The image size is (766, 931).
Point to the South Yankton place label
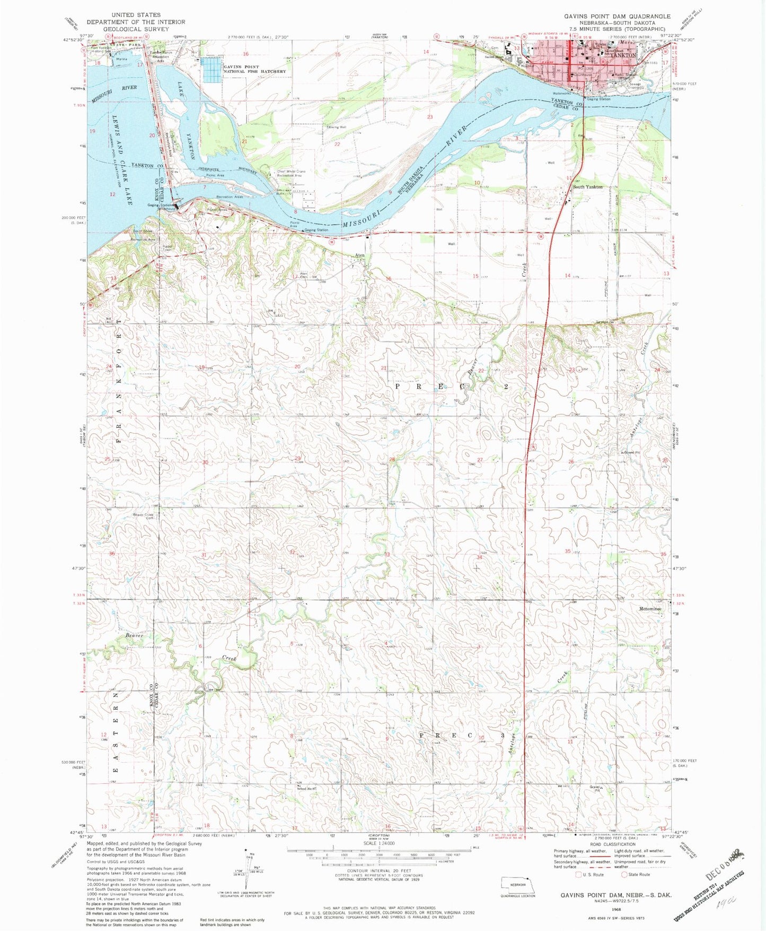click(x=587, y=187)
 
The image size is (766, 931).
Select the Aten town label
click(x=359, y=255)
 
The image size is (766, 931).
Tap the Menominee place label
click(x=650, y=609)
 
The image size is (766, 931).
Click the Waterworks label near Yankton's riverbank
click(x=561, y=93)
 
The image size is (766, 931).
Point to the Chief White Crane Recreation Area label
click(x=291, y=173)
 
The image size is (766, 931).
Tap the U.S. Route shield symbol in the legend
click(x=579, y=874)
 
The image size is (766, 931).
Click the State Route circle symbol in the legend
click(x=624, y=874)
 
